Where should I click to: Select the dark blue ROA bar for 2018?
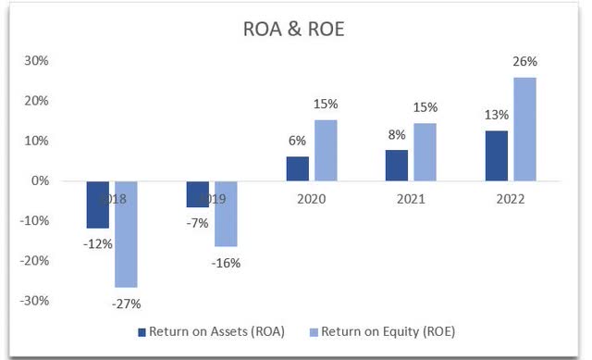tap(98, 205)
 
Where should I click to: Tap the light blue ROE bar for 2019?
tap(225, 214)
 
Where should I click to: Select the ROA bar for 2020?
tap(297, 169)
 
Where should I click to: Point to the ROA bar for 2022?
tap(497, 156)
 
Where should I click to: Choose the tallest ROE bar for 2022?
tap(524, 130)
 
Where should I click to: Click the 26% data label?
tap(524, 64)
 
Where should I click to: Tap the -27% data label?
tap(126, 302)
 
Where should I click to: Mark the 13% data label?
tap(496, 118)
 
